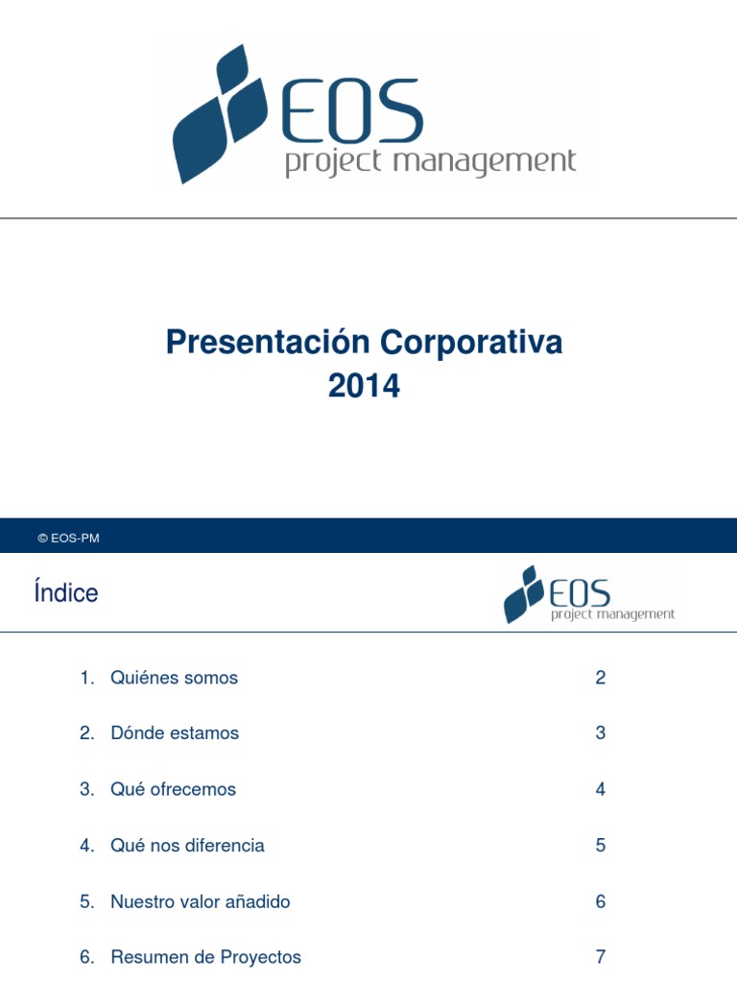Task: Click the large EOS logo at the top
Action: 374,115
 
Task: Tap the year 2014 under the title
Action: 364,386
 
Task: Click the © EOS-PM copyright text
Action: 68,539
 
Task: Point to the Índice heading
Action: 65,593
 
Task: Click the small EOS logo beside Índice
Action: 589,595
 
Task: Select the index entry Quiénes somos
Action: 174,678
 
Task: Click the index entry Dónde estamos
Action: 175,733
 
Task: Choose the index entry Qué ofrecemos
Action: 173,789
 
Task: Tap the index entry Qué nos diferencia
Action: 187,846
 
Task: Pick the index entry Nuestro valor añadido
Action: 200,902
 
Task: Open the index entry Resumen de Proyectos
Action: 205,957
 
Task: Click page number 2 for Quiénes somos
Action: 601,678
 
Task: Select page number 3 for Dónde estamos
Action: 601,733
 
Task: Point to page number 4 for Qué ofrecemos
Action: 601,789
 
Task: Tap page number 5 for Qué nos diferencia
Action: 601,846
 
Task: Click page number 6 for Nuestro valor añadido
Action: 601,902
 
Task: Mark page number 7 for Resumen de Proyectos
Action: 601,957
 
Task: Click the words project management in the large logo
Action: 430,161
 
